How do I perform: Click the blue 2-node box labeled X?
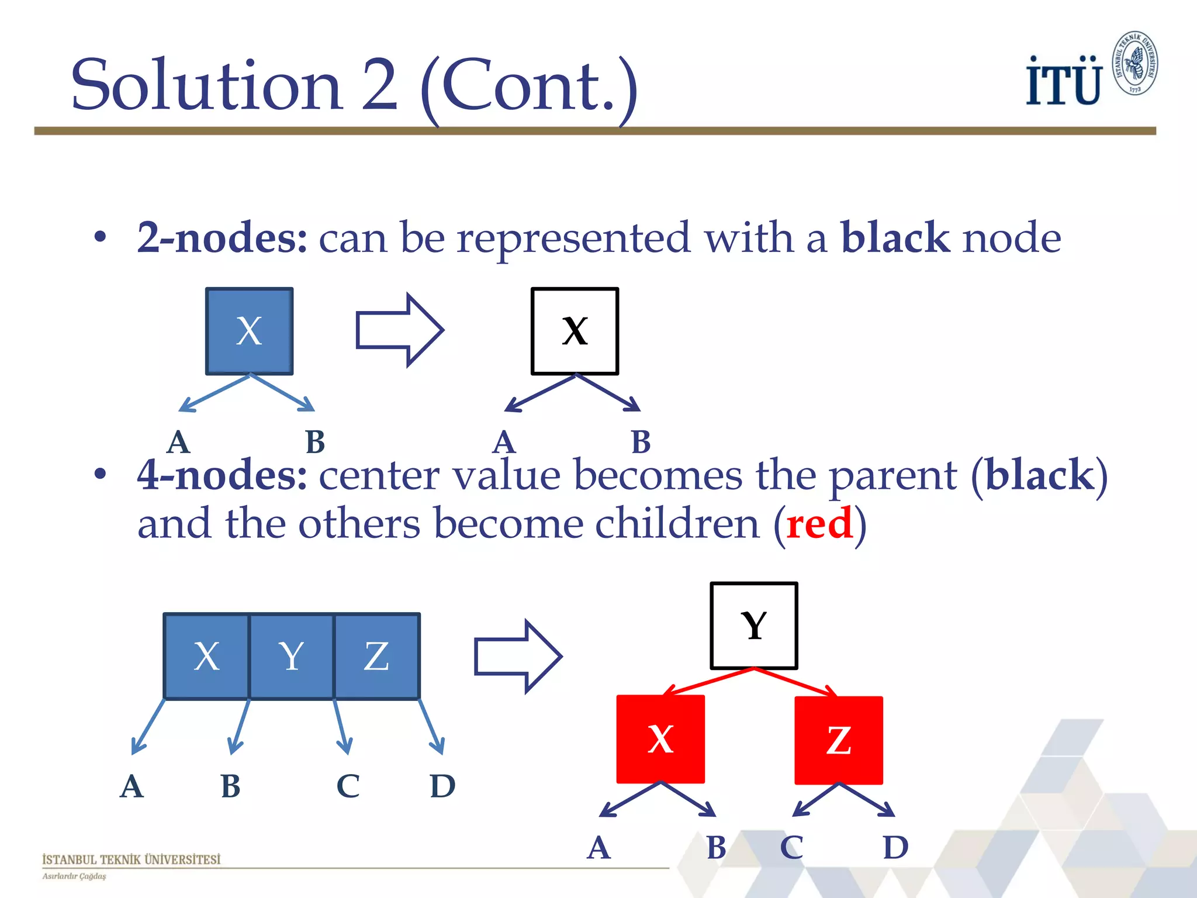[x=249, y=331]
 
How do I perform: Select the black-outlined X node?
[x=575, y=331]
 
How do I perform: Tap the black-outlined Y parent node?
[x=754, y=626]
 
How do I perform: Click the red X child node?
[x=660, y=739]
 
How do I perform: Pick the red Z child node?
[x=839, y=740]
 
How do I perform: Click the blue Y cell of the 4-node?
[x=291, y=656]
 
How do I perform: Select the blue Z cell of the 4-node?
[x=376, y=656]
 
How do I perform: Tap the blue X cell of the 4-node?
[x=206, y=656]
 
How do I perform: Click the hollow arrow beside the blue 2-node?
[x=400, y=330]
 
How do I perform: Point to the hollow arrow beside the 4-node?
[x=518, y=657]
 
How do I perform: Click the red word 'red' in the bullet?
[x=819, y=524]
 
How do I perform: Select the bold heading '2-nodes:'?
[x=222, y=238]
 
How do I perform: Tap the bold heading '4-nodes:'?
[x=222, y=475]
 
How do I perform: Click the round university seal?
[x=1135, y=63]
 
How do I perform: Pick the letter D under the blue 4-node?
[x=442, y=786]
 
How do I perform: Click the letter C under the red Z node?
[x=792, y=848]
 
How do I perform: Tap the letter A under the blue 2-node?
[x=178, y=442]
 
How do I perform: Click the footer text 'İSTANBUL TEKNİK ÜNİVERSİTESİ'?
[x=132, y=859]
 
